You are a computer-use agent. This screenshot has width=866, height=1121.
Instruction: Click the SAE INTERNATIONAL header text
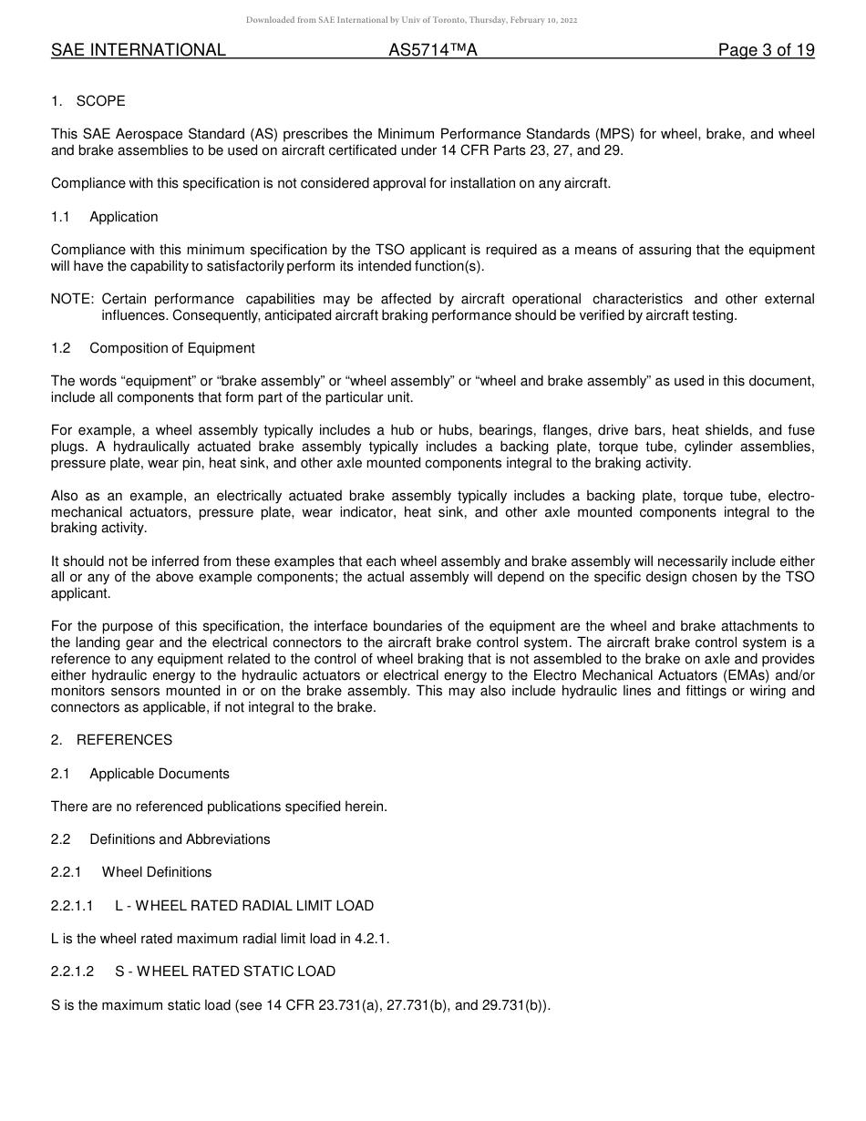[139, 50]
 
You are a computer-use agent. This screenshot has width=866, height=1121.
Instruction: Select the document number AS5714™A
[433, 50]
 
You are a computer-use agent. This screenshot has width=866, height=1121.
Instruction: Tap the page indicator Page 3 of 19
[766, 50]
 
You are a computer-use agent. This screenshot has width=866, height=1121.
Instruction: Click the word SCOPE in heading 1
[101, 101]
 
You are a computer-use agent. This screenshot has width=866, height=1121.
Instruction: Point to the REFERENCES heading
[124, 740]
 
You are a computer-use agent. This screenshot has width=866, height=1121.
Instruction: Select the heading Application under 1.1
[124, 217]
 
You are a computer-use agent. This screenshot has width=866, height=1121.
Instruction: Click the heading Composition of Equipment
[172, 348]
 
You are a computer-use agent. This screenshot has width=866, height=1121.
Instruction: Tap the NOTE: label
[73, 299]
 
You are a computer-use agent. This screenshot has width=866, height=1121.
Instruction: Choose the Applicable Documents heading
[160, 774]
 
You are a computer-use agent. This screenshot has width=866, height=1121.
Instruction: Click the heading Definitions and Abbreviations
[180, 839]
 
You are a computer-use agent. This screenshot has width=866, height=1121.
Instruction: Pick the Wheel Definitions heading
[157, 872]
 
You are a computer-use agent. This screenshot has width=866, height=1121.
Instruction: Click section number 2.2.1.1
[72, 906]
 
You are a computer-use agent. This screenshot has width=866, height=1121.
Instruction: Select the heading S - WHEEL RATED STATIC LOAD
[225, 972]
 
